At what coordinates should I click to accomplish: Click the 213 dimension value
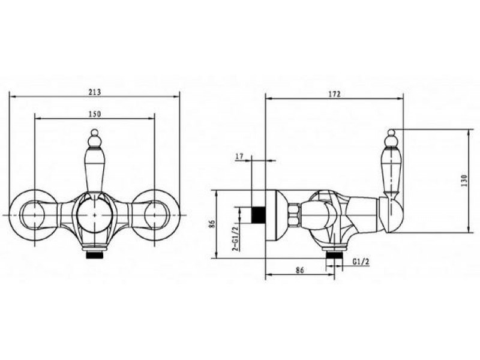point(94,92)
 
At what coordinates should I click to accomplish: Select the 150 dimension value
point(95,114)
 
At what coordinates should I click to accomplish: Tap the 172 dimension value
point(334,94)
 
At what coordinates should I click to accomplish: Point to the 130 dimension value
point(464,181)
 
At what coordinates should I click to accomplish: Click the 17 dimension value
point(239,157)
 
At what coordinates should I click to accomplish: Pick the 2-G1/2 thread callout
point(235,236)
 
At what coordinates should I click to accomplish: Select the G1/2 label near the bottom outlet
point(361,262)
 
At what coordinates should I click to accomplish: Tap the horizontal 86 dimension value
point(299,270)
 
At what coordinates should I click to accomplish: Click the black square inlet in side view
point(258,215)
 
